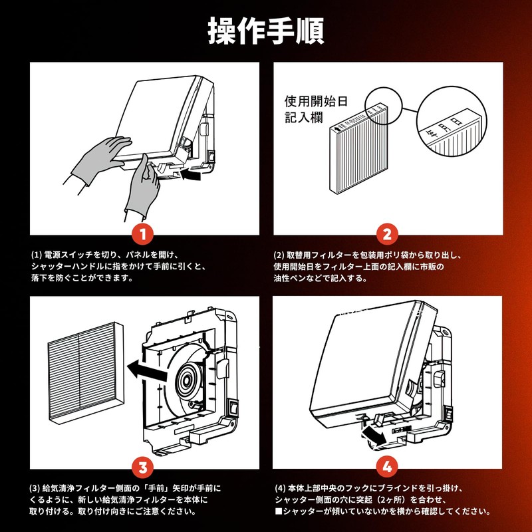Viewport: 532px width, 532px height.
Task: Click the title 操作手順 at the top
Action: (x=265, y=30)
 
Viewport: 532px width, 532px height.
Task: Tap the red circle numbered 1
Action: (x=143, y=234)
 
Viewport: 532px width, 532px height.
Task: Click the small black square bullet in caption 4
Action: (x=279, y=511)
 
